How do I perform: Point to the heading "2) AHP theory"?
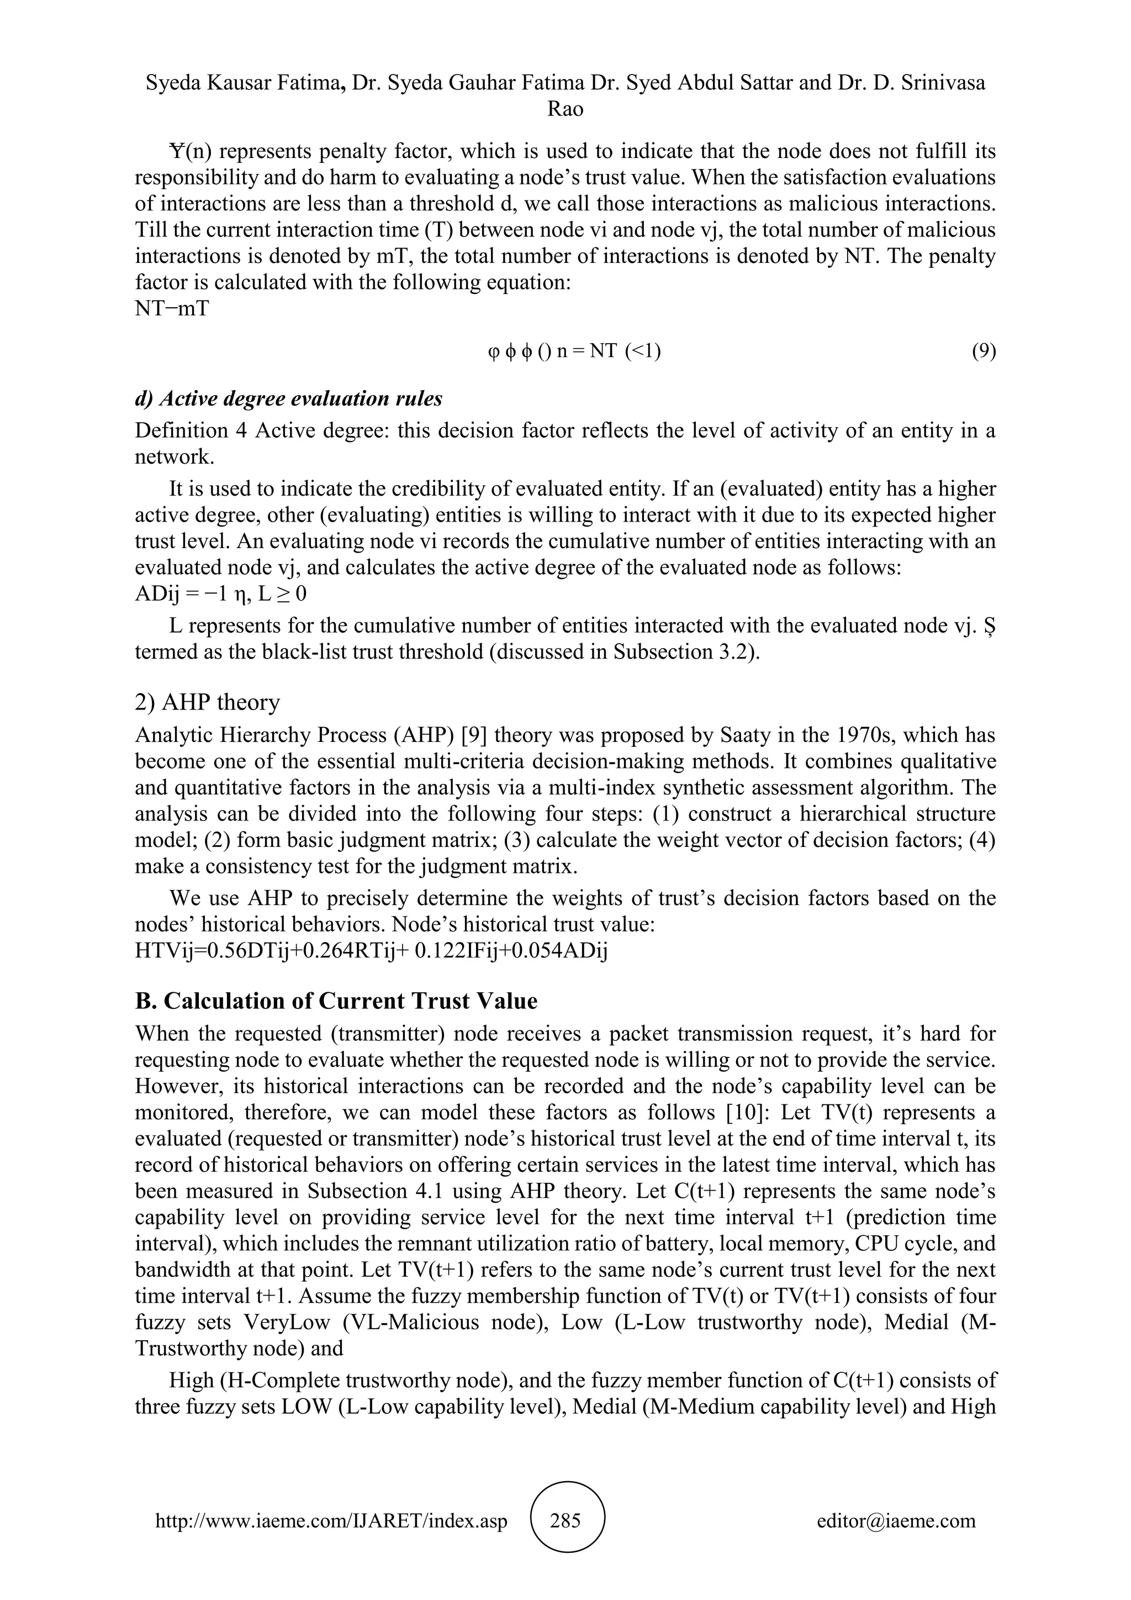207,702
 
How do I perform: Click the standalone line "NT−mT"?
171,309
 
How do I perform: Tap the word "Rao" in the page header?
565,109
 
